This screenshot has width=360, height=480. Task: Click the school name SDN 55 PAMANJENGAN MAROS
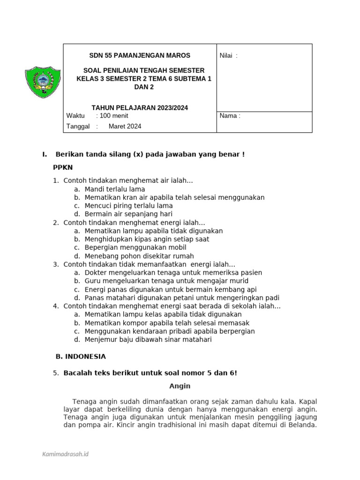click(140, 55)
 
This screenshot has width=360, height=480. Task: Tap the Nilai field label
click(228, 56)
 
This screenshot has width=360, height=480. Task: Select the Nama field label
click(230, 116)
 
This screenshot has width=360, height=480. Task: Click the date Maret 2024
click(125, 126)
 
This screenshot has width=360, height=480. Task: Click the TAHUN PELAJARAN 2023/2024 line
click(140, 108)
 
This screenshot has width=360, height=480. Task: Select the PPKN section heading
click(63, 167)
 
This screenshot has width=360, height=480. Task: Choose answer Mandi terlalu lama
click(115, 189)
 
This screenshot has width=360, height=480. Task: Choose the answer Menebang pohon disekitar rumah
click(139, 256)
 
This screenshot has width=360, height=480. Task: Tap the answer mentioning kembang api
click(171, 289)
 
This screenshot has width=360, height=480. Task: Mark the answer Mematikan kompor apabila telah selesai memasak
click(167, 323)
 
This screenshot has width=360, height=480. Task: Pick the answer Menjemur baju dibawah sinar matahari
click(148, 339)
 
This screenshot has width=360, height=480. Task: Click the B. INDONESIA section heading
click(81, 356)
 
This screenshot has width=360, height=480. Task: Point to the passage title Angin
click(180, 386)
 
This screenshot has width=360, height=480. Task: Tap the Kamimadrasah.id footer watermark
click(66, 454)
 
